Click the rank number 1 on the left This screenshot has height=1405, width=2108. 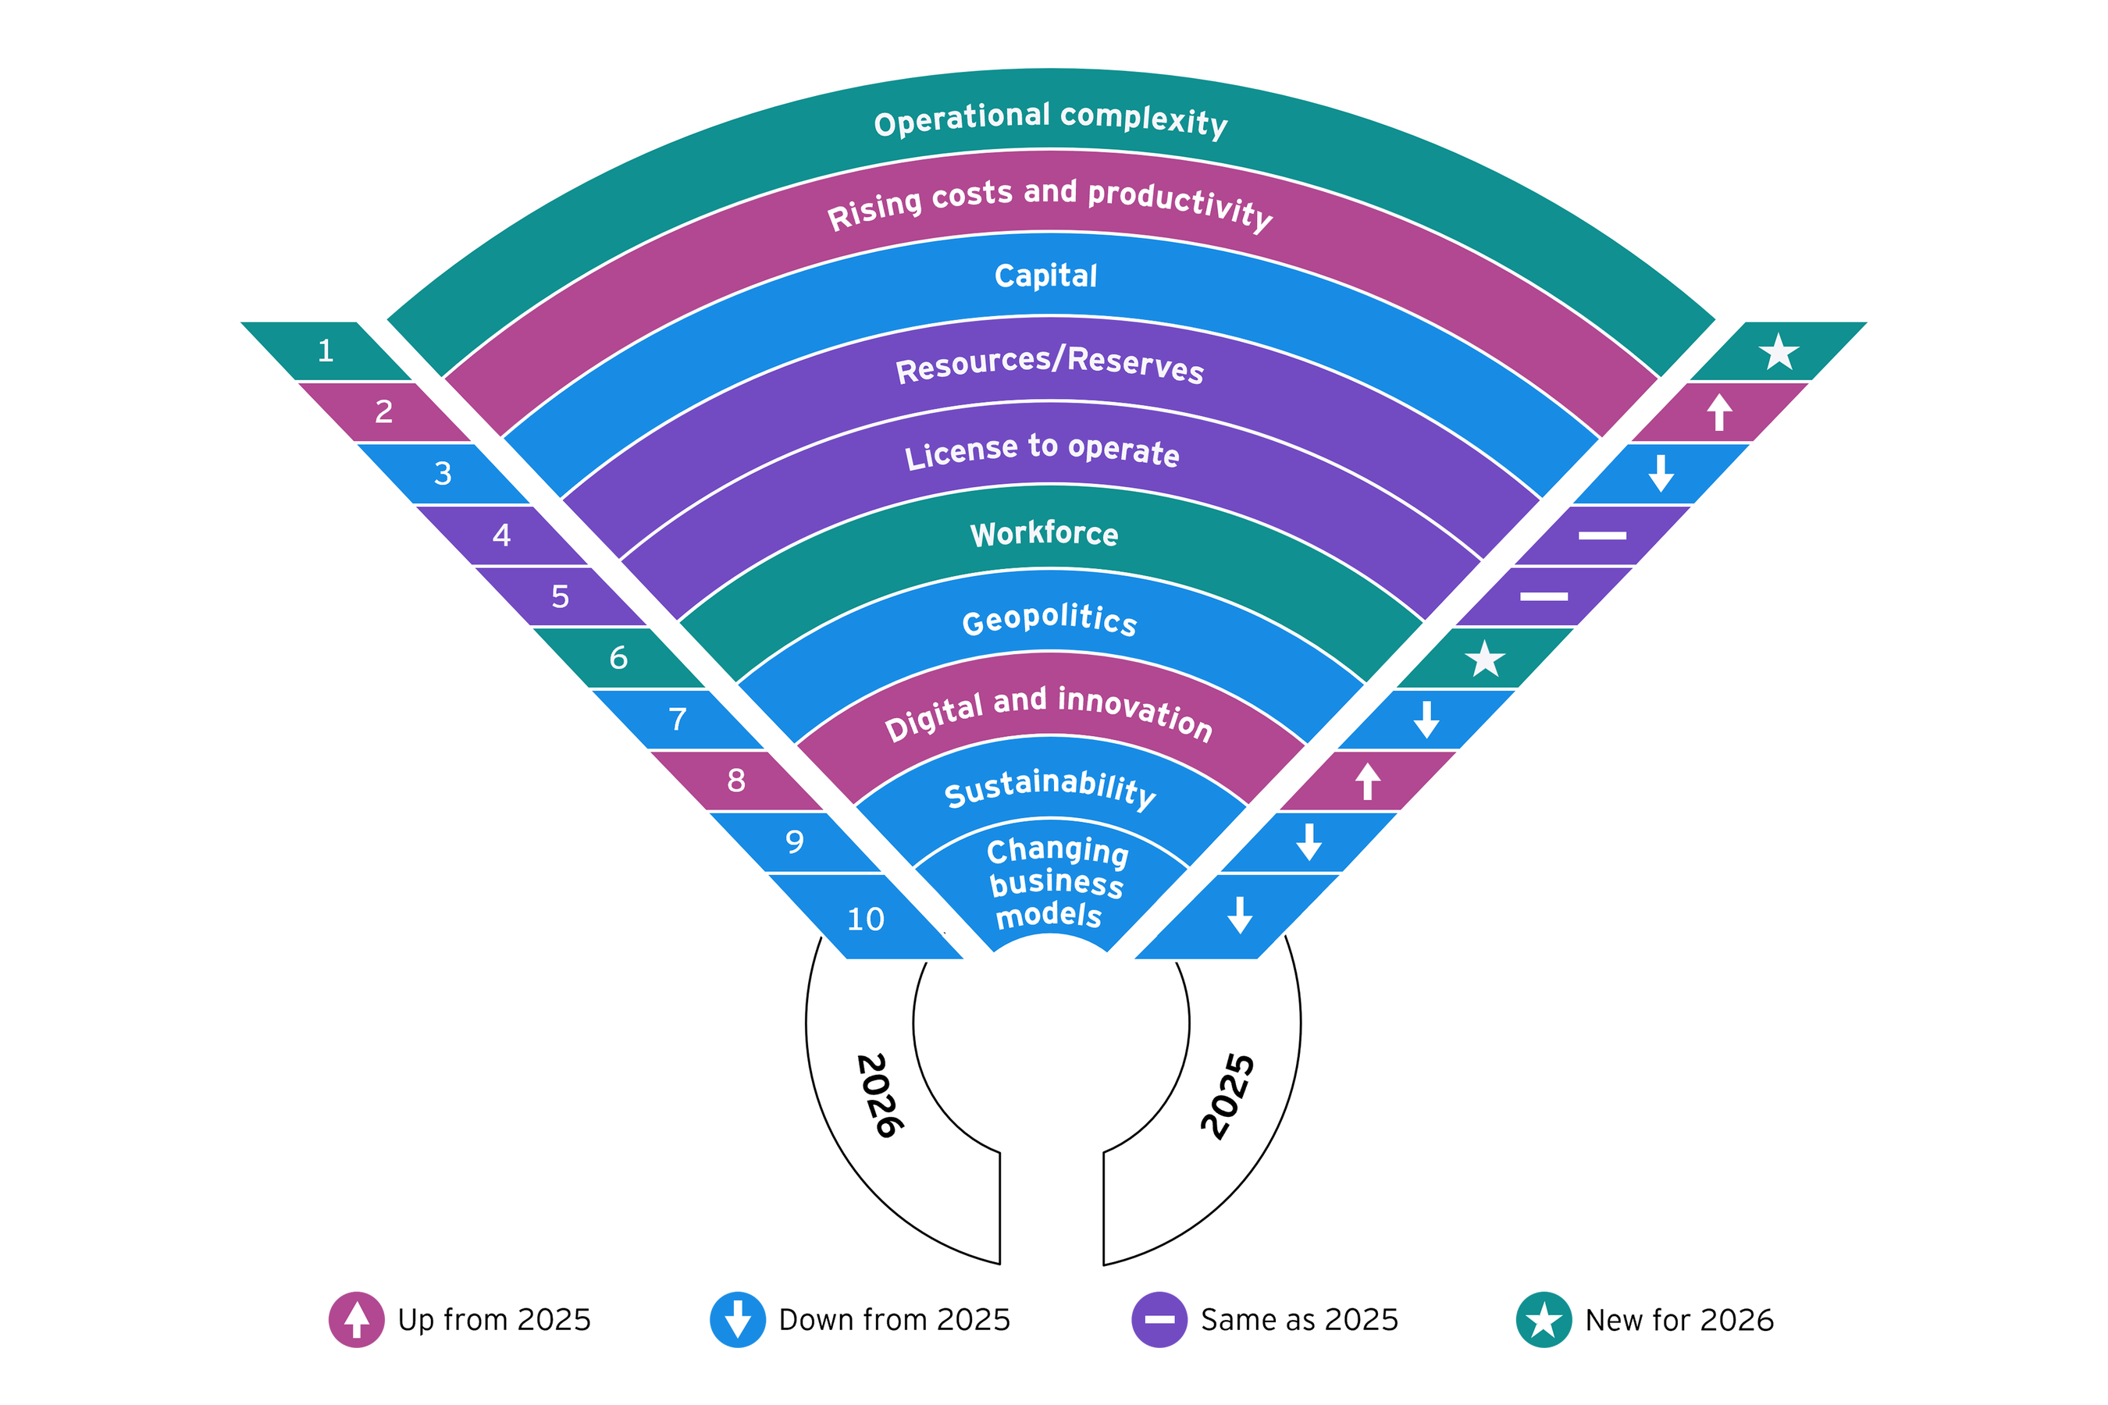pos(326,350)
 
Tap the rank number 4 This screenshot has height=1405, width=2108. pos(502,535)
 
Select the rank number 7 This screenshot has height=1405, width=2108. pos(678,719)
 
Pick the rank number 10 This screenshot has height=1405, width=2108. pos(866,919)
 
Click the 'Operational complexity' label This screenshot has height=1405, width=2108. pos(1050,119)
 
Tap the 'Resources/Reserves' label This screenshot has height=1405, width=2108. pos(1049,364)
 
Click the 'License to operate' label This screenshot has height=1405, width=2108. pos(1042,450)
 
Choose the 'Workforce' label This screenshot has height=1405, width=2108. pos(1044,534)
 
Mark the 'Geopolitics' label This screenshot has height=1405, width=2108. pos(1049,619)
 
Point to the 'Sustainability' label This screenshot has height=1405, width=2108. pos(1050,788)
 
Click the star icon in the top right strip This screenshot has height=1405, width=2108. pos(1779,352)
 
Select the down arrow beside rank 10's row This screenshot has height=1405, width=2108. pos(1240,915)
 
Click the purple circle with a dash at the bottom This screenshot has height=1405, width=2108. pos(1159,1319)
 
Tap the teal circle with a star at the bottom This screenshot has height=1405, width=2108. pos(1544,1319)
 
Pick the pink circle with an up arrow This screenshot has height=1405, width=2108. pos(357,1319)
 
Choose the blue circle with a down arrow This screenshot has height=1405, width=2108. pos(738,1319)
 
